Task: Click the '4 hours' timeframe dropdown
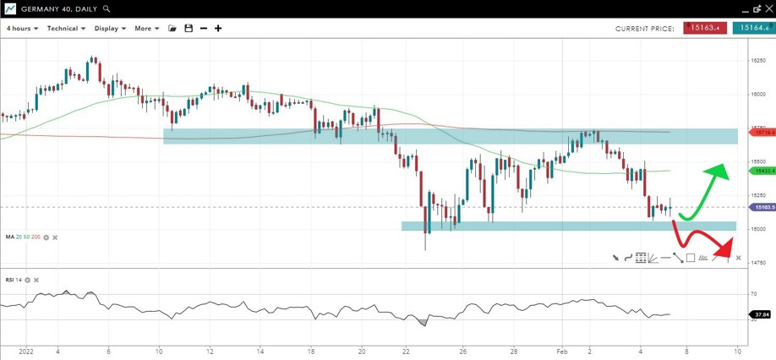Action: click(x=22, y=28)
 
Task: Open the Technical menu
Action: click(x=66, y=28)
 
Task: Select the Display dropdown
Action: click(x=110, y=28)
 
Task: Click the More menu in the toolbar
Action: click(x=146, y=28)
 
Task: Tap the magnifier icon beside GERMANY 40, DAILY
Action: click(x=107, y=8)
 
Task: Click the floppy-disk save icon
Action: click(x=189, y=29)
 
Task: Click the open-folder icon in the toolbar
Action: click(x=172, y=29)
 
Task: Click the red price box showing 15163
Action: click(x=704, y=28)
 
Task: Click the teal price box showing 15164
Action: click(x=753, y=28)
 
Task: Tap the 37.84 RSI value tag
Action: click(x=761, y=314)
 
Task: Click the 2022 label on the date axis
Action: click(x=25, y=350)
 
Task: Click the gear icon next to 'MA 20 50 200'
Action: click(x=46, y=237)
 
